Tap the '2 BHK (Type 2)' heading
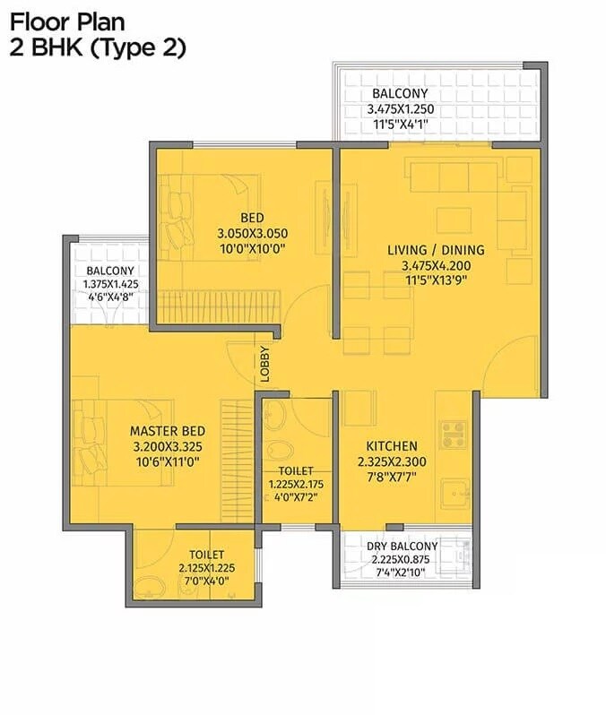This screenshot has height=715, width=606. click(x=98, y=48)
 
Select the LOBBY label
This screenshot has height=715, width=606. click(x=264, y=364)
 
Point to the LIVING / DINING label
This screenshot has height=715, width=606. click(x=436, y=250)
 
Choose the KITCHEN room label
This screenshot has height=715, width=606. click(x=391, y=445)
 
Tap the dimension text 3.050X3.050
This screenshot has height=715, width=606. click(x=251, y=234)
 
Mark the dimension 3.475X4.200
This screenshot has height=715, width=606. click(x=436, y=265)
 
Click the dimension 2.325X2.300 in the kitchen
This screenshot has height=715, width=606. click(x=391, y=462)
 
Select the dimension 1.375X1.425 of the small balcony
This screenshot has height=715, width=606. click(x=110, y=287)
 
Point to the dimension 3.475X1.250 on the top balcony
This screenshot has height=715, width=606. click(x=400, y=109)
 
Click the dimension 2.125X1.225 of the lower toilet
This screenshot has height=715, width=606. click(x=206, y=568)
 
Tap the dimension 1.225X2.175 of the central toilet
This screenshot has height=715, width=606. click(x=296, y=485)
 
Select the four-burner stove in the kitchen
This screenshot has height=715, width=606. click(x=453, y=434)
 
